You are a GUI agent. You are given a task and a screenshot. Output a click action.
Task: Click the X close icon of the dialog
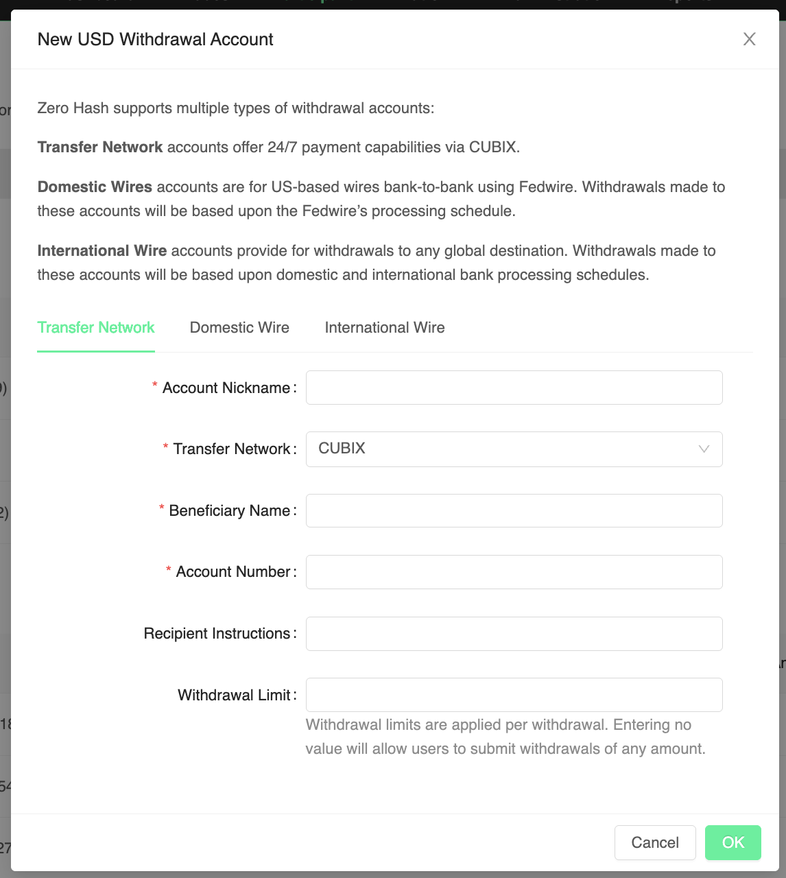749,40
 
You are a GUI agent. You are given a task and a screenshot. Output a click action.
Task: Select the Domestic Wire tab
239,328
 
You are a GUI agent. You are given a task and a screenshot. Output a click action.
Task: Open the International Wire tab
385,328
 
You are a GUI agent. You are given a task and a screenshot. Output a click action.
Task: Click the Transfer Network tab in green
96,328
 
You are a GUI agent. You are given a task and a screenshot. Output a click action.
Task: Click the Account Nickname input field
514,388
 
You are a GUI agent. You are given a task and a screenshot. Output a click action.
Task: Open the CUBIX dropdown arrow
704,449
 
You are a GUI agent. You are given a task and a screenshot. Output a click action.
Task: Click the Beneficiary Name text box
514,511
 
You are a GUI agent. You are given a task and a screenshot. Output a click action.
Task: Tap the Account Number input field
514,572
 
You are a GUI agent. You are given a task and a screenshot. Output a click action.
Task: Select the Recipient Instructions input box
514,634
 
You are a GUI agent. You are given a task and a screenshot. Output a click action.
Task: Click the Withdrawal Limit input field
514,695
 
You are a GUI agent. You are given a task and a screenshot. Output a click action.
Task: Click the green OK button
733,842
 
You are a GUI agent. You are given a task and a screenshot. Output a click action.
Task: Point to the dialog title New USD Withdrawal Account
155,40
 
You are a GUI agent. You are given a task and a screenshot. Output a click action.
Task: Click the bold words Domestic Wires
95,187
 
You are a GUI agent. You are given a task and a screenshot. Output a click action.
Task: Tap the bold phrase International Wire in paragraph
102,251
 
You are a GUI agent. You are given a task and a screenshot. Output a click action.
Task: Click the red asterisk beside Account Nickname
155,386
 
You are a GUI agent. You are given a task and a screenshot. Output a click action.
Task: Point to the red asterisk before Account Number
169,570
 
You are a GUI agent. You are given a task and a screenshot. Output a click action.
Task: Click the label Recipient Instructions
217,634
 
